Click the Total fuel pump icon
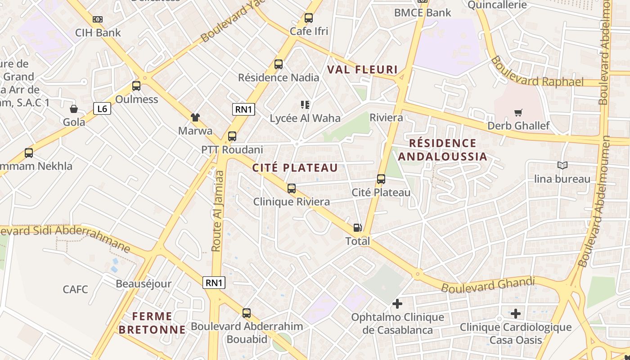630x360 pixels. tap(357, 228)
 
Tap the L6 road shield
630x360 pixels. tap(102, 108)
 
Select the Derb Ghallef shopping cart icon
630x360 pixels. tap(518, 112)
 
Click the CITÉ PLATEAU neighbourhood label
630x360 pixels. tap(295, 168)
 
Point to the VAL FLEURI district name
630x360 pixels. tap(362, 70)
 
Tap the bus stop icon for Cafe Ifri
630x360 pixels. tap(309, 18)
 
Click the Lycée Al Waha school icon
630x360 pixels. tap(305, 105)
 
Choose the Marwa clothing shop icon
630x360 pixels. tap(195, 117)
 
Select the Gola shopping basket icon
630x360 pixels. tap(74, 109)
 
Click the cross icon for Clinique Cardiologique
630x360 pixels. tap(516, 314)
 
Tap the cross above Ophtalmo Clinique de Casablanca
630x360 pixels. tap(397, 304)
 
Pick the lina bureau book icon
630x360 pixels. tap(562, 166)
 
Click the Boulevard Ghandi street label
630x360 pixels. tap(488, 285)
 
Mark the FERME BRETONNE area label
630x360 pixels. tap(152, 323)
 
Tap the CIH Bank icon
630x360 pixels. tap(98, 19)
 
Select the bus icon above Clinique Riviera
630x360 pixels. tap(292, 189)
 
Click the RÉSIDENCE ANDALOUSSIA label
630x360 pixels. tap(443, 150)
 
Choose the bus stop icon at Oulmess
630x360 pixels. tap(136, 86)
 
